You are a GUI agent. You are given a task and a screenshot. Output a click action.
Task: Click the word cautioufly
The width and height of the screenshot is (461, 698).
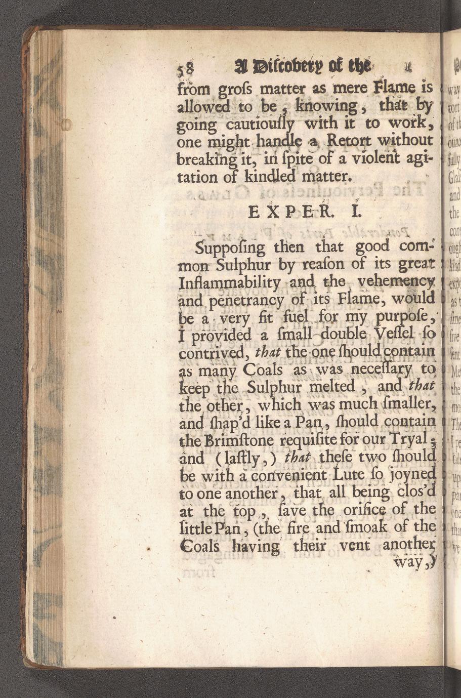pyautogui.click(x=258, y=125)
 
